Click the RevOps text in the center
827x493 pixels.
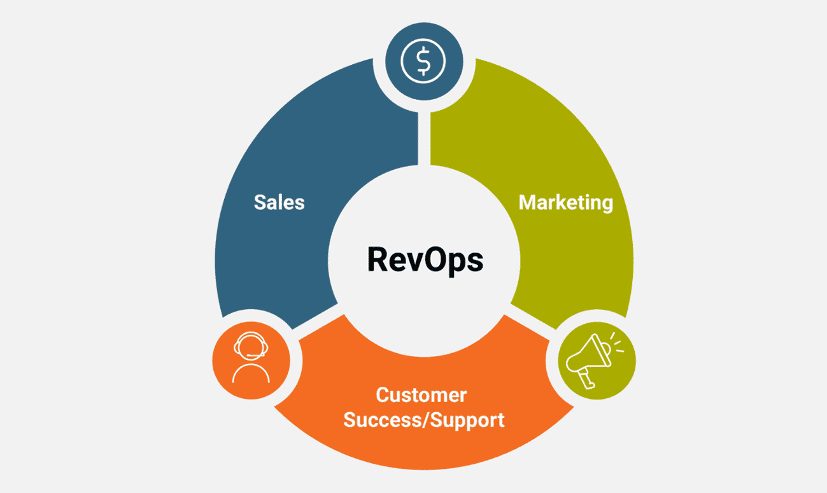425,260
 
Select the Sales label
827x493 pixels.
279,202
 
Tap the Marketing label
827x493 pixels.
565,202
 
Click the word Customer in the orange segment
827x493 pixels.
421,394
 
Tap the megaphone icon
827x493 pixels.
590,358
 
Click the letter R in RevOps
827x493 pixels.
377,260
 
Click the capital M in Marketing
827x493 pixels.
528,202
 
